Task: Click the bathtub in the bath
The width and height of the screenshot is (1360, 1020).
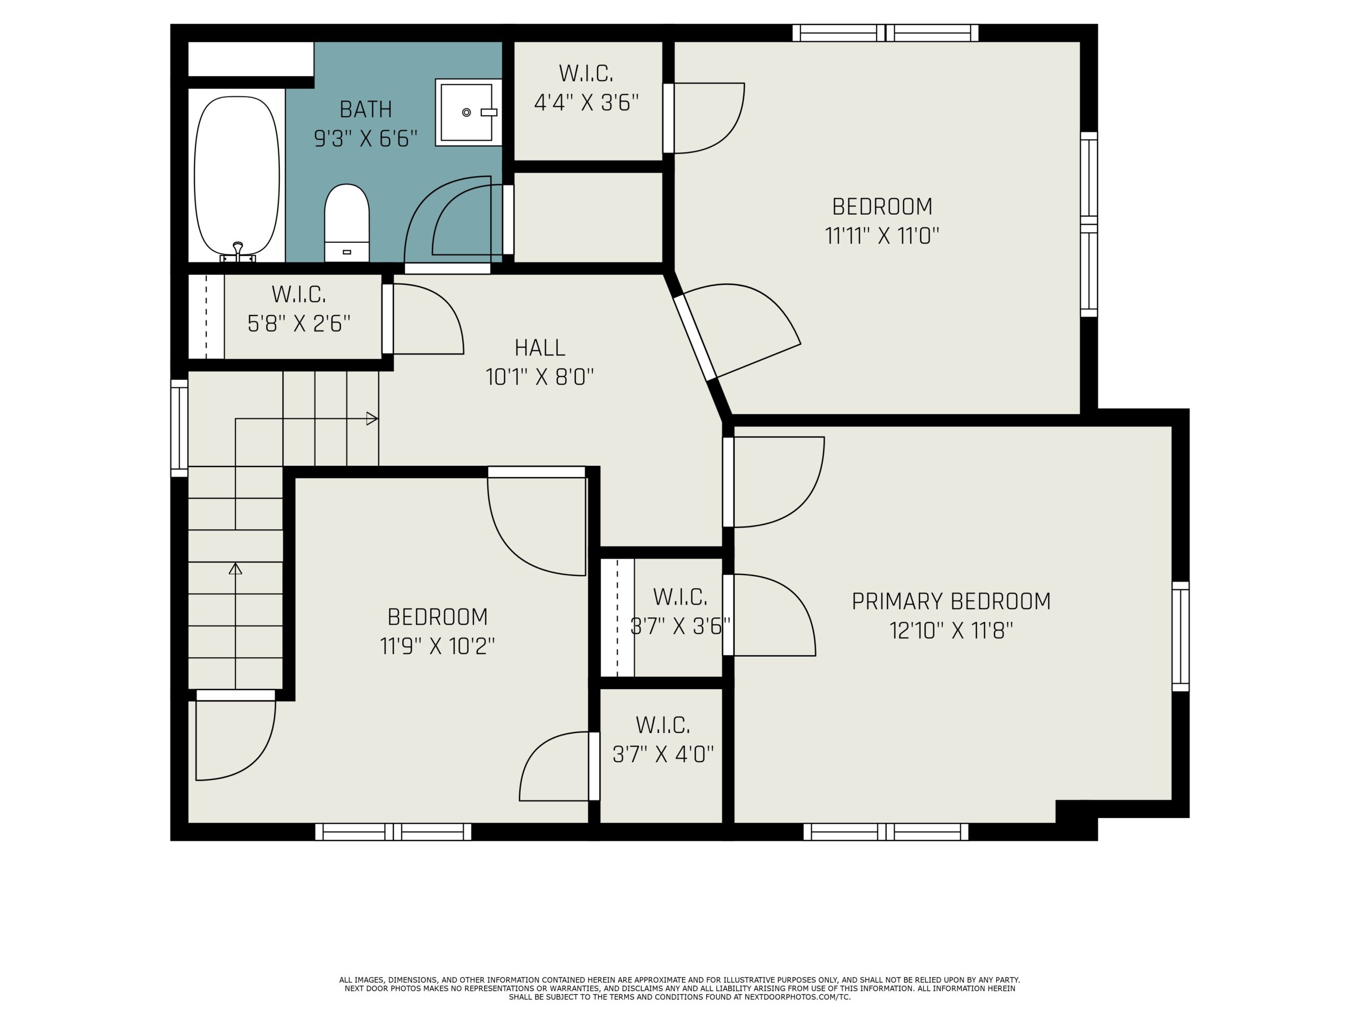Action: [x=237, y=176]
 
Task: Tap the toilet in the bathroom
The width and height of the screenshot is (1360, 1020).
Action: [x=347, y=223]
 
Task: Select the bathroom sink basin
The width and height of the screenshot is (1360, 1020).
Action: [x=469, y=113]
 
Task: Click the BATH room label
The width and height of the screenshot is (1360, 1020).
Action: [x=366, y=109]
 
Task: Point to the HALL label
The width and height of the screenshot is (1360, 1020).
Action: [x=540, y=348]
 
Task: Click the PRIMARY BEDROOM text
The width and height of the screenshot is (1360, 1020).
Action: [x=951, y=601]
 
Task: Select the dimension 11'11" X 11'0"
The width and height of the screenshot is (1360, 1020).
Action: [x=882, y=235]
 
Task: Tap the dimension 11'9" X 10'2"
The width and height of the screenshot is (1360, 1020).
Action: [x=437, y=646]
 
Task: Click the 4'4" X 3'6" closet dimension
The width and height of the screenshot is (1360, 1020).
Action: [x=586, y=103]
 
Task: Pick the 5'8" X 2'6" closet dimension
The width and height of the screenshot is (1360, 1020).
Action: [x=299, y=324]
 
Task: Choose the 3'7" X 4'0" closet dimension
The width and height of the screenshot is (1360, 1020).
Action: [x=663, y=754]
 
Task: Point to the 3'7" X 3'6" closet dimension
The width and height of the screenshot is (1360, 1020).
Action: [x=680, y=626]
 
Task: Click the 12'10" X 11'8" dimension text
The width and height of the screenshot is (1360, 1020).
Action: [x=951, y=631]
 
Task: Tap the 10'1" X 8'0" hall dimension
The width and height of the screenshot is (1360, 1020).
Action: [x=540, y=377]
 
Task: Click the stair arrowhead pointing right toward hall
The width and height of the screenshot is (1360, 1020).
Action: [x=372, y=419]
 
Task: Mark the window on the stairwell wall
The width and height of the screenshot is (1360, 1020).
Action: [x=179, y=428]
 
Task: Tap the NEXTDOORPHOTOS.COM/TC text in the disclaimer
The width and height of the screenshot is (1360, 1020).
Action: [x=797, y=997]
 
